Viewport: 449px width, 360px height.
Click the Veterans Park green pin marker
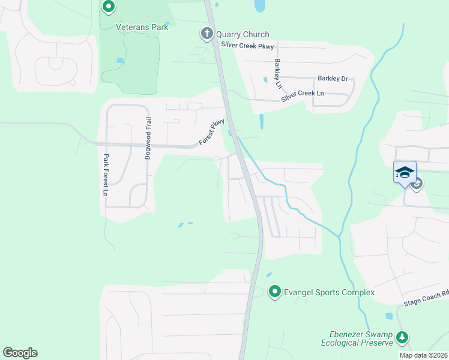pyautogui.click(x=109, y=7)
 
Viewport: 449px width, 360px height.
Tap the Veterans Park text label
pyautogui.click(x=142, y=26)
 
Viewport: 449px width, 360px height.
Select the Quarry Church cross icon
pyautogui.click(x=207, y=34)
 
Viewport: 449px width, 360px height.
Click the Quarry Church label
pyautogui.click(x=243, y=35)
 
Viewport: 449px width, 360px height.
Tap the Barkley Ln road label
pyautogui.click(x=278, y=73)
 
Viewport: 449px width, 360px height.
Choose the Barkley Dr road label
pyautogui.click(x=333, y=79)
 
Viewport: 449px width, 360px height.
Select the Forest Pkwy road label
pyautogui.click(x=212, y=133)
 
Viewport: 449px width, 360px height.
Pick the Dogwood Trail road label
pyautogui.click(x=146, y=138)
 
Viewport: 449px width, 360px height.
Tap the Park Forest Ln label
pyautogui.click(x=105, y=176)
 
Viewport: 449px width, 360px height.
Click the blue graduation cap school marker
pyautogui.click(x=405, y=172)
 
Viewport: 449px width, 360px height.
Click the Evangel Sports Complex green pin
pyautogui.click(x=275, y=292)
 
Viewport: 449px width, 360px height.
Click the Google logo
pyautogui.click(x=20, y=353)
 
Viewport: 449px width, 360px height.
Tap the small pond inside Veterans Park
pyautogui.click(x=120, y=61)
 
